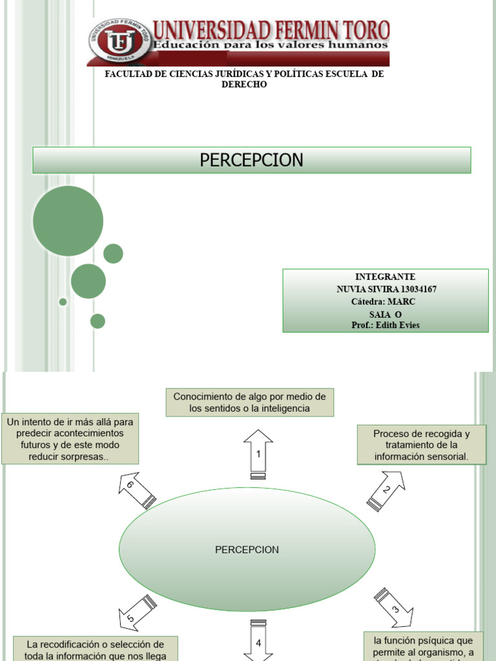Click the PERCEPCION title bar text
pos(251,160)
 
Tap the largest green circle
pos(68,221)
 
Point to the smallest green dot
pos(63,301)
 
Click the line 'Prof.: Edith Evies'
pos(386,325)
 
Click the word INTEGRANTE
pos(386,277)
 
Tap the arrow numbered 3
pos(394,607)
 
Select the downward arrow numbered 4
pos(258,640)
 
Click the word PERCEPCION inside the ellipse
pos(247,550)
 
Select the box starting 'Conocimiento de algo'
pos(250,402)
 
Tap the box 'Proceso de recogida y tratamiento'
pos(421,445)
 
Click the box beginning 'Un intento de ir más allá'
pos(70,439)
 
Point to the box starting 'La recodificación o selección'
pos(95,648)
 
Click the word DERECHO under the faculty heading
pos(244,85)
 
